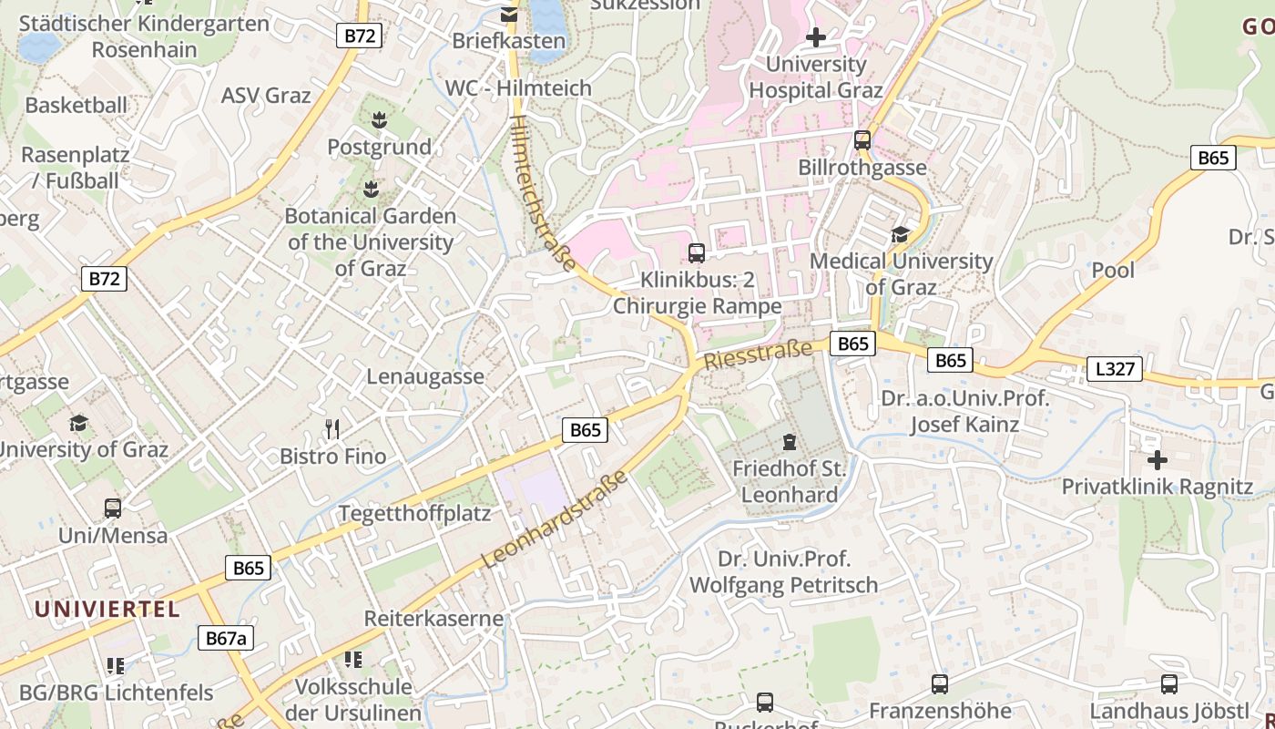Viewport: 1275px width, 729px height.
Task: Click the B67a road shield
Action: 225,638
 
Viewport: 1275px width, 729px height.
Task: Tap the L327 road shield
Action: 1114,369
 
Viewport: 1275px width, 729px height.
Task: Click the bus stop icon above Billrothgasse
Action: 862,140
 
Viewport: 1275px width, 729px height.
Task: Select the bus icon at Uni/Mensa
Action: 113,508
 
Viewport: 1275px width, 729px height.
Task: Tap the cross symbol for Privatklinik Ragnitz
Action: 1157,460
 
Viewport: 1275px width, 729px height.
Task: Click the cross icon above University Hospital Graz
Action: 816,37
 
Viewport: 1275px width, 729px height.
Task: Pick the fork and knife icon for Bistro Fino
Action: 333,428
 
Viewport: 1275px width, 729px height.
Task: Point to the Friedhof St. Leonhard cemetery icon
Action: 789,443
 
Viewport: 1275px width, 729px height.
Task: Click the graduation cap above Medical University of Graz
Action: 900,234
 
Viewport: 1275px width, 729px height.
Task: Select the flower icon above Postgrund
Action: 379,118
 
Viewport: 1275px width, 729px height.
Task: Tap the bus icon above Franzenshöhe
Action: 939,683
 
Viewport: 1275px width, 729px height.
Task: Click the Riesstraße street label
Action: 758,354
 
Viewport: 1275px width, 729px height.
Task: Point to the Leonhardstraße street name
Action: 555,519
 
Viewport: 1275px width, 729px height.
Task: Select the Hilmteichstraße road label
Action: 543,192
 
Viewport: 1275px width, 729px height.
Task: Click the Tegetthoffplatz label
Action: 414,513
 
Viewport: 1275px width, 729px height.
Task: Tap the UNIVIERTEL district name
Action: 107,609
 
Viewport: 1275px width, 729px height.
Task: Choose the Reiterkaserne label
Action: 433,618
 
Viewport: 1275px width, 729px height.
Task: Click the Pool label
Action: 1113,270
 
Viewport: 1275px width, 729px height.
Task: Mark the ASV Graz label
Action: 266,95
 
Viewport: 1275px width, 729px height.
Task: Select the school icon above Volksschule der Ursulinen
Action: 352,659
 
